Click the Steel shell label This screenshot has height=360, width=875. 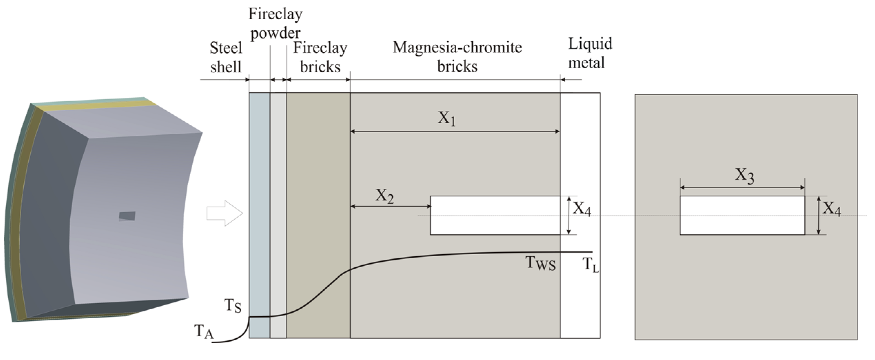(226, 57)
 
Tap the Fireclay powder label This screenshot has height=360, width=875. (275, 23)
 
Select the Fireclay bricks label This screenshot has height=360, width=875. (320, 57)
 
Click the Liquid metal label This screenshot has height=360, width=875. (590, 53)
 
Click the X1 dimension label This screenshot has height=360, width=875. (447, 118)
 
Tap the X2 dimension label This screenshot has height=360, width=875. (384, 196)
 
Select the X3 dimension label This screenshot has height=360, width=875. (744, 176)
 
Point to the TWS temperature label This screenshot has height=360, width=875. (540, 264)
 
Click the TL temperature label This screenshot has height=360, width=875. (590, 265)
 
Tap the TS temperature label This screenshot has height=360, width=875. (233, 306)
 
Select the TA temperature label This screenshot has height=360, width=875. (204, 332)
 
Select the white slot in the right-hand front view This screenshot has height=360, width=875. (742, 216)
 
